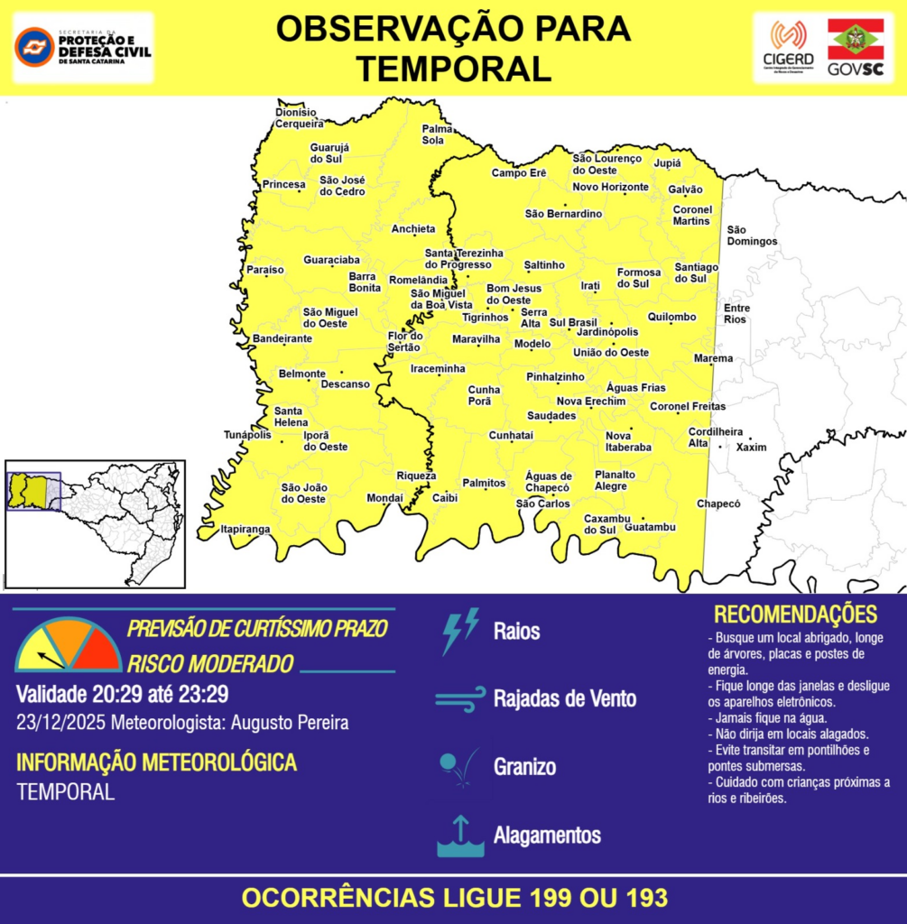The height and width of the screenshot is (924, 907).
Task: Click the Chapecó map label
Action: click(717, 504)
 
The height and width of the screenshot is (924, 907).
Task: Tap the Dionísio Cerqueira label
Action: click(299, 117)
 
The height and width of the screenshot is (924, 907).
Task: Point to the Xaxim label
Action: click(751, 448)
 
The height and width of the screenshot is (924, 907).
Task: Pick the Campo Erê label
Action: click(519, 172)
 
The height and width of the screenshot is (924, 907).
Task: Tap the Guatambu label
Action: click(650, 526)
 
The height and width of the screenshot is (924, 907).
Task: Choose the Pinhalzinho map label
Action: click(555, 376)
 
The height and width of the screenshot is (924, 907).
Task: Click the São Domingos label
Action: click(752, 236)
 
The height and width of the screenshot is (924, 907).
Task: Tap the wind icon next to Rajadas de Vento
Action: click(460, 699)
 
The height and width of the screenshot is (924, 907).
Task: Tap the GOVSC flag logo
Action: click(856, 47)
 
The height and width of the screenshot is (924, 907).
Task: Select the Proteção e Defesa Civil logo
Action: click(83, 47)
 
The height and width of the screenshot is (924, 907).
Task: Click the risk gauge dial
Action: click(68, 646)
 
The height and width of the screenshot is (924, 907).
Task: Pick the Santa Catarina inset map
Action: click(94, 523)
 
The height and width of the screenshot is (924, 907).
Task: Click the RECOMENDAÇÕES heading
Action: click(795, 614)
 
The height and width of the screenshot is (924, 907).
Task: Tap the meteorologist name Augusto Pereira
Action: click(290, 723)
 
